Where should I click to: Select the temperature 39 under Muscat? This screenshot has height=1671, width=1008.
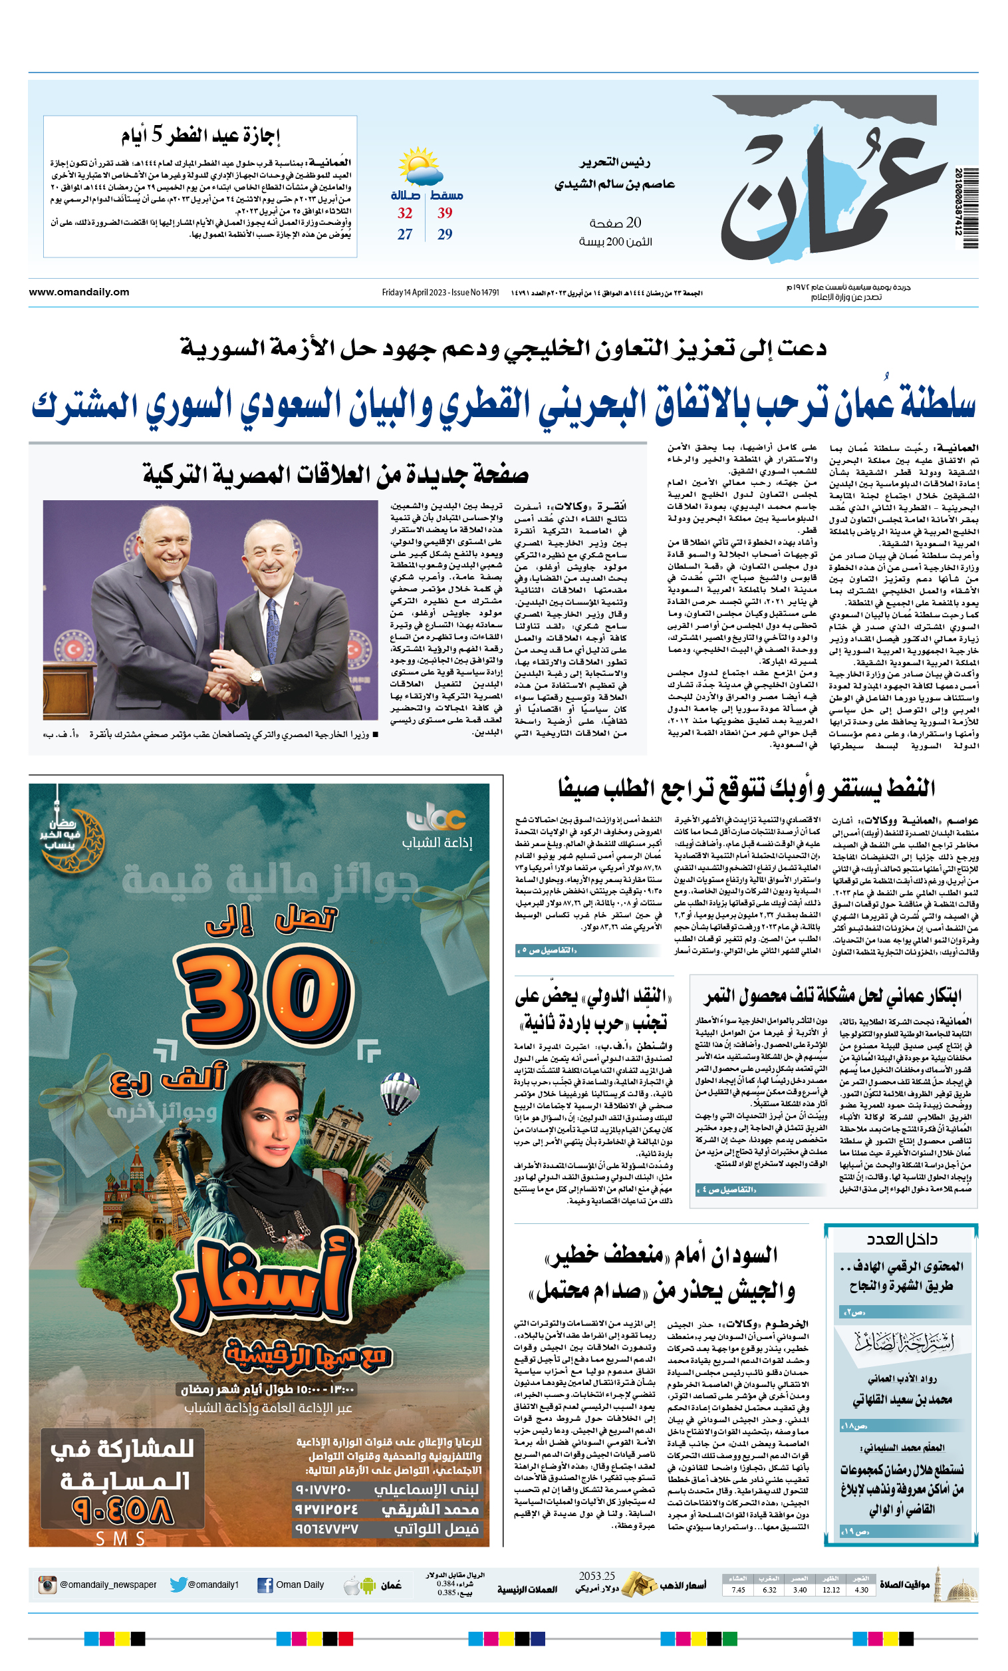coord(445,213)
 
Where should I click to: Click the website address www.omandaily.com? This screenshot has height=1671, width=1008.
coord(79,292)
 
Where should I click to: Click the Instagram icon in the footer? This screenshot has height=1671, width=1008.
coord(47,1585)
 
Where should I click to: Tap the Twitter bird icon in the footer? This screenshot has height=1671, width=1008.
coord(178,1585)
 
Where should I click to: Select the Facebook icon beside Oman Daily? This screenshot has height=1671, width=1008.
coord(265,1586)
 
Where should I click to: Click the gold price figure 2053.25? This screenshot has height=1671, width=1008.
coord(596,1576)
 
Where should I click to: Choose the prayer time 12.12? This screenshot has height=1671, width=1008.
coord(831,1590)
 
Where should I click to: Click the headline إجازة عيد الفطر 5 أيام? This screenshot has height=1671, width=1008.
coord(201,136)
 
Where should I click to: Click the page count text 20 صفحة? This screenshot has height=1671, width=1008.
coord(615,223)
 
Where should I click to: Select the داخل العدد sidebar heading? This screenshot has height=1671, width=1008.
coord(901,1239)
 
